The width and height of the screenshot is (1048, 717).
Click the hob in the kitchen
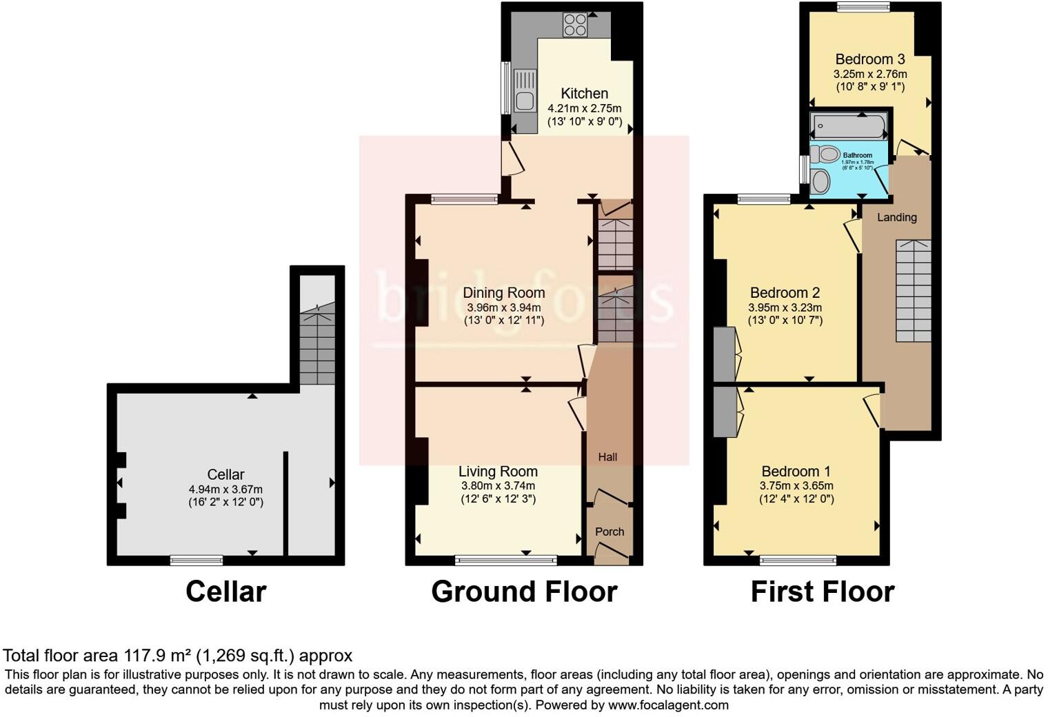point(574,25)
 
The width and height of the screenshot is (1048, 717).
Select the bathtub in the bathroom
point(849,126)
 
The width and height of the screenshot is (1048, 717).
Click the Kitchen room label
point(584,94)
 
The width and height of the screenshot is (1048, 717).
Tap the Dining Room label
point(503,293)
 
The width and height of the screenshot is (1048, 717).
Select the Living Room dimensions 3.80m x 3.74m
point(498,485)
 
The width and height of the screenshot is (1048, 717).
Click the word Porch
point(609,532)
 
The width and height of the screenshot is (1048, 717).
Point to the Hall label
point(607,457)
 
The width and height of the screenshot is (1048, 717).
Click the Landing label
point(896,217)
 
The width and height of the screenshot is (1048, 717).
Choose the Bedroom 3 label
point(869,59)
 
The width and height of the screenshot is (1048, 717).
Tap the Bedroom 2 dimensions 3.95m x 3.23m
point(785,307)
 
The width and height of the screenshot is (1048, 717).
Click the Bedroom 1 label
point(796,472)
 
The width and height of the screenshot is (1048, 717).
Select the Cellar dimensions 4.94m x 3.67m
point(225,489)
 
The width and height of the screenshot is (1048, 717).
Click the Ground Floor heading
point(524,592)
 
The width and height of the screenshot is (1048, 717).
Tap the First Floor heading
point(822,592)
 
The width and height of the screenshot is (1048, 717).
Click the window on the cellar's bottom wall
point(196,561)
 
